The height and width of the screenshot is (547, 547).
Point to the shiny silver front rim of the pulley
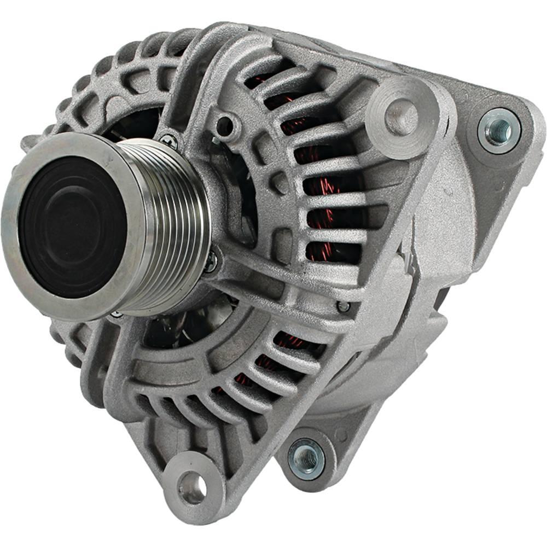point(22,257)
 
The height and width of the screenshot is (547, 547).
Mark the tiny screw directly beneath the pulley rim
point(115,316)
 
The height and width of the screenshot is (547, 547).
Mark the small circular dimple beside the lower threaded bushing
point(341,435)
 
